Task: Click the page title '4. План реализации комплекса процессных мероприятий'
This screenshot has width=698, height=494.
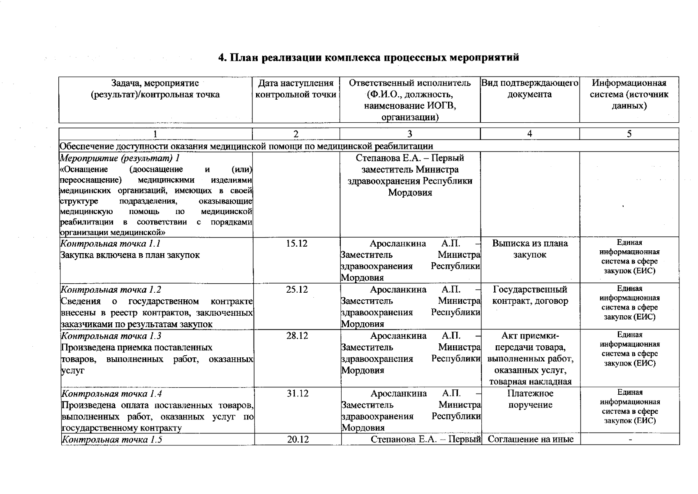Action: click(368, 58)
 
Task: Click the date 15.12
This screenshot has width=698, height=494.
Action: click(297, 244)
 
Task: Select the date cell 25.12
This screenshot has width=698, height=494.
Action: click(297, 290)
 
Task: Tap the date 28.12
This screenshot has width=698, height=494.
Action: click(297, 336)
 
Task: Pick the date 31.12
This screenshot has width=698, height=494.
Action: click(297, 394)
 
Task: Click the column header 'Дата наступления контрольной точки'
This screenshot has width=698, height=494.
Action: click(296, 89)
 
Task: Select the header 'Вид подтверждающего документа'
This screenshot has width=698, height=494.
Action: click(529, 89)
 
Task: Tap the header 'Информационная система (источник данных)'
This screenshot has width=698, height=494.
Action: click(629, 94)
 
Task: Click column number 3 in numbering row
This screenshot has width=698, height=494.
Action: click(409, 134)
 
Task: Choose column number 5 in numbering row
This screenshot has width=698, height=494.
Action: click(629, 134)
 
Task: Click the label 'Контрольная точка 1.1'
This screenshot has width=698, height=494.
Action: click(110, 244)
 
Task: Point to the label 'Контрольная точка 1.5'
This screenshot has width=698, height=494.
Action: click(111, 439)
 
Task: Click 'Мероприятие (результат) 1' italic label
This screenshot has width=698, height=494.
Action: click(120, 158)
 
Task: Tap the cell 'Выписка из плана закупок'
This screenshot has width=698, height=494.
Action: click(529, 249)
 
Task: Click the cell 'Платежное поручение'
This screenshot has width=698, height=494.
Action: click(530, 399)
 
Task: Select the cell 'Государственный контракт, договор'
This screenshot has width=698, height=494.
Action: click(530, 295)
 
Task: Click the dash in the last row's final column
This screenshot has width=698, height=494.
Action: click(630, 440)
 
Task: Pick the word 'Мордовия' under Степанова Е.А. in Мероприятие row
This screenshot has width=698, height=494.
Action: click(410, 193)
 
